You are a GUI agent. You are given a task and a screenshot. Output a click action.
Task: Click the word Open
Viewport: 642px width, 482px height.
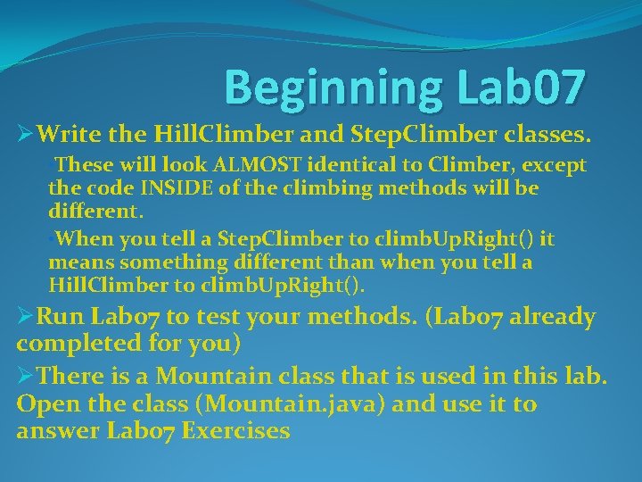pos(47,404)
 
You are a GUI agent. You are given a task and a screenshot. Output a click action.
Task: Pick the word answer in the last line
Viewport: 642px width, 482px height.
pos(55,431)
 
